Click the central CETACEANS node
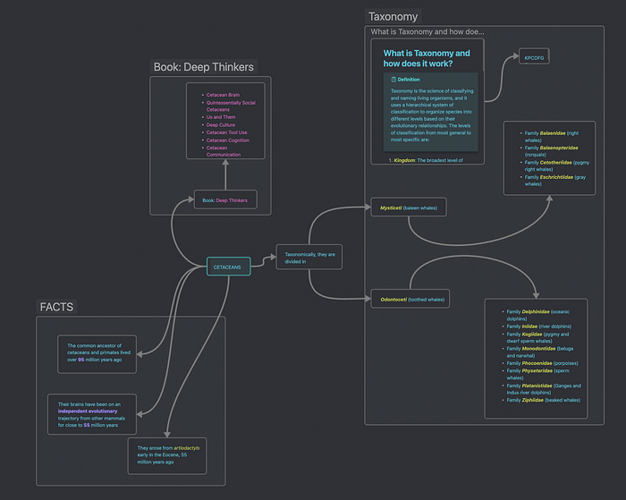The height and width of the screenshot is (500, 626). point(227,267)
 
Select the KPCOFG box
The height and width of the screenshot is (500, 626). point(533,58)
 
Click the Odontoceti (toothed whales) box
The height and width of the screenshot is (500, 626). point(408,300)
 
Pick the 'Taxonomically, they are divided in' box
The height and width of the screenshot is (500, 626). point(309,258)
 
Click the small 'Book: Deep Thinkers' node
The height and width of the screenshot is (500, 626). point(225,200)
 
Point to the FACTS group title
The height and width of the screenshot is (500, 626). point(56,307)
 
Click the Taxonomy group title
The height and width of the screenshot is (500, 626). point(393,16)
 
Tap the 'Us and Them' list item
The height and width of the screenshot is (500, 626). point(220,117)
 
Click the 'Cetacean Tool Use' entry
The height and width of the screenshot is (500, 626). point(227,132)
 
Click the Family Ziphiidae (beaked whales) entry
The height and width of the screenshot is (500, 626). point(543,400)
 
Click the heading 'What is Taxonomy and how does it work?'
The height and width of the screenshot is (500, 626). point(427,58)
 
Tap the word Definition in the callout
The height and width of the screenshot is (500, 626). point(410,80)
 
